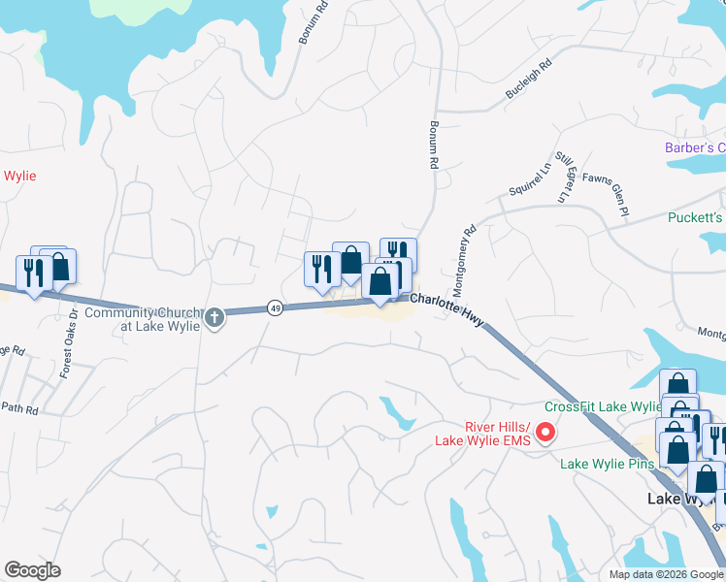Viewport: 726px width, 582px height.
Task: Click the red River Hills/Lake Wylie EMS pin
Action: pyautogui.click(x=545, y=433)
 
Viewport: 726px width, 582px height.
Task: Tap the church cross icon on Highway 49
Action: pyautogui.click(x=214, y=316)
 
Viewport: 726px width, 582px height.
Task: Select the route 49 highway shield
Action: pyautogui.click(x=276, y=307)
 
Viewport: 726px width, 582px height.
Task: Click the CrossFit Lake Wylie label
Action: pyautogui.click(x=603, y=406)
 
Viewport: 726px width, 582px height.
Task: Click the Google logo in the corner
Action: pyautogui.click(x=32, y=570)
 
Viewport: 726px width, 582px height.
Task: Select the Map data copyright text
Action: pyautogui.click(x=666, y=574)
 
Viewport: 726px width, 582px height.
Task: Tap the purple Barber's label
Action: pyautogui.click(x=695, y=147)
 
